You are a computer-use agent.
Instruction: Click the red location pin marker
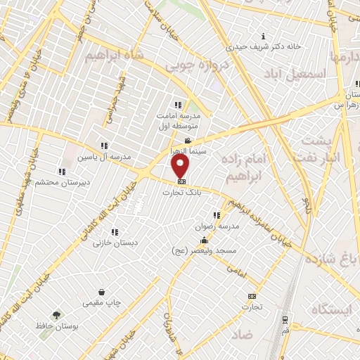181,166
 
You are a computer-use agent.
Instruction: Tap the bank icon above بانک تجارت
181,181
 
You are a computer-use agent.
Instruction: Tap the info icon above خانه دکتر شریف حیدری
263,36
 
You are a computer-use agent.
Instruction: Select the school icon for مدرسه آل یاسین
105,145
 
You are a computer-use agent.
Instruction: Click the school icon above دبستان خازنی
115,231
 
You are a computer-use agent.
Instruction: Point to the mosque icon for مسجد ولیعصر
204,240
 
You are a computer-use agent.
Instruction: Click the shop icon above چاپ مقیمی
102,292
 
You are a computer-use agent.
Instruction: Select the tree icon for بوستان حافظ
55,314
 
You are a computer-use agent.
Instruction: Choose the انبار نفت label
330,157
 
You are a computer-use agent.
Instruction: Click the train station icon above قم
285,316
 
